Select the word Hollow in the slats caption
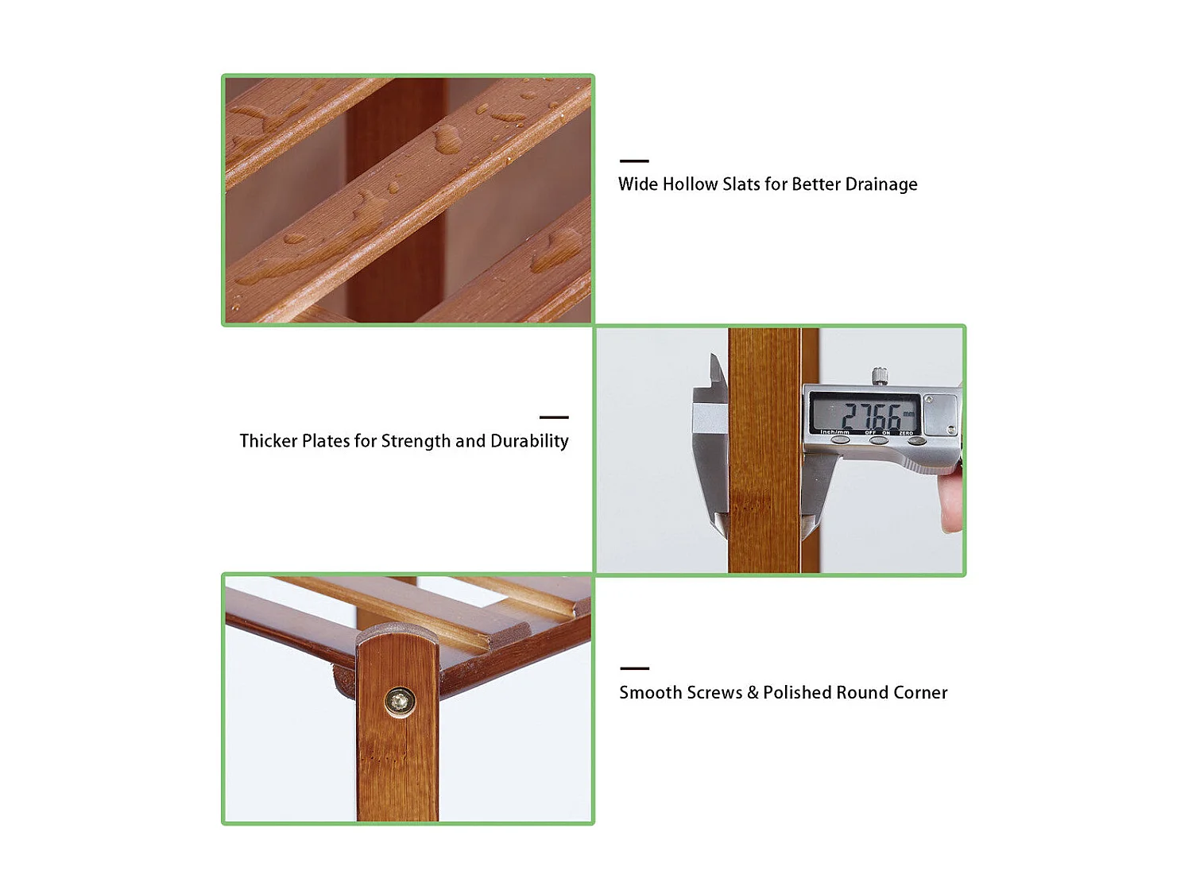690,184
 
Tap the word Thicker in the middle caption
268,441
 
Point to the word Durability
529,441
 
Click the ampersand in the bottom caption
753,693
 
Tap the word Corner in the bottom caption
919,693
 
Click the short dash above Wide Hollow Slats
634,161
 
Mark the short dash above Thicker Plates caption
554,417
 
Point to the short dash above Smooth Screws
634,668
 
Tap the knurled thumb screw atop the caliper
879,375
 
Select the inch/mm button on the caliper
840,439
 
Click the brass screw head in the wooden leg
400,702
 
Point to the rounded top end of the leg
397,636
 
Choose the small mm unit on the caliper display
908,414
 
